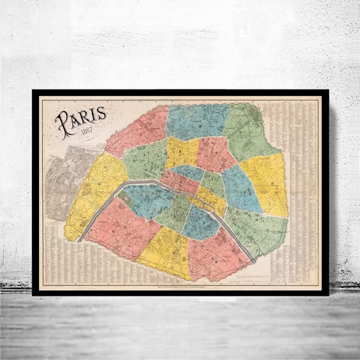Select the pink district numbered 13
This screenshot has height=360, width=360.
216,255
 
